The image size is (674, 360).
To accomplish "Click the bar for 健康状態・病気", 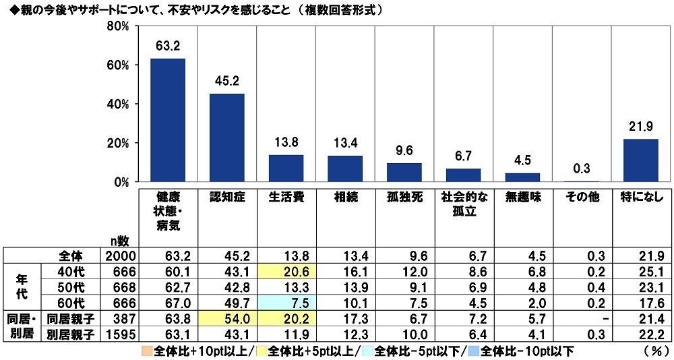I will click(167, 120).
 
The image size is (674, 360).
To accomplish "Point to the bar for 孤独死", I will click(404, 173).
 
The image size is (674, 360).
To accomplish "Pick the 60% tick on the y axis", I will click(119, 65).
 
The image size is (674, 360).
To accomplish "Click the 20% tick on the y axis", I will click(119, 143).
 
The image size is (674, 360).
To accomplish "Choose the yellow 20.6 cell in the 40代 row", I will click(286, 271).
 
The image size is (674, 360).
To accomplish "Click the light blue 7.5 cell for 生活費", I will click(286, 301).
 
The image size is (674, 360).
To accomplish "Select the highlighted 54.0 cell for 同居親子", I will click(226, 316).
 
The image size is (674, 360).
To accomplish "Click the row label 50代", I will click(70, 286).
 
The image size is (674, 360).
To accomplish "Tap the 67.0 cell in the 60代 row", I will click(167, 301).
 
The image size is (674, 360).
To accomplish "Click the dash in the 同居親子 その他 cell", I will click(582, 316).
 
